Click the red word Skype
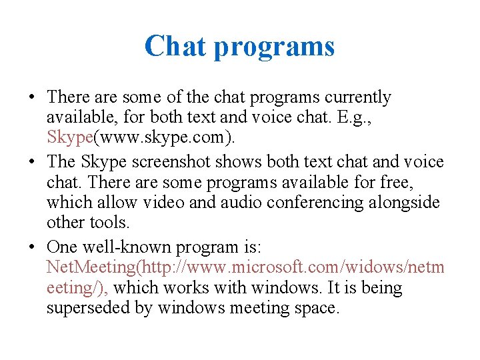70,138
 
